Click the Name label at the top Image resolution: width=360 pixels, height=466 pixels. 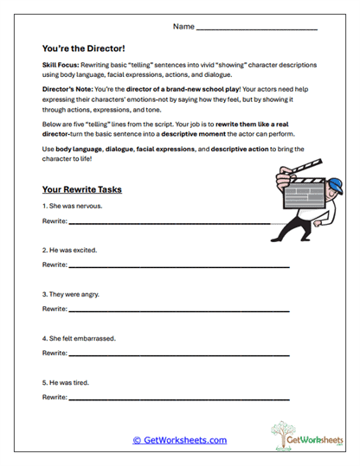coord(183,27)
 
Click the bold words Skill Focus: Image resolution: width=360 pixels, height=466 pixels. coord(59,66)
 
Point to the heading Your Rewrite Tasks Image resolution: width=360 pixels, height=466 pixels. coord(81,189)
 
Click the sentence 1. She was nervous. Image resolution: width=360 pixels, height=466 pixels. coord(73,206)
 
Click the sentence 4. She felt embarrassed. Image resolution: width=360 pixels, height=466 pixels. coord(79,338)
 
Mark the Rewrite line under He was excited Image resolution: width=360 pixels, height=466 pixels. coord(177,267)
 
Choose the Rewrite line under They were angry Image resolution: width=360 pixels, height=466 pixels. coord(177,310)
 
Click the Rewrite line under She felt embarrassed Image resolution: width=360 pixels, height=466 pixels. coord(177,354)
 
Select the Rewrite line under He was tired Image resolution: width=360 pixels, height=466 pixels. coord(177,399)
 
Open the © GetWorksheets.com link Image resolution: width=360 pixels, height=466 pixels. coord(179,440)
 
